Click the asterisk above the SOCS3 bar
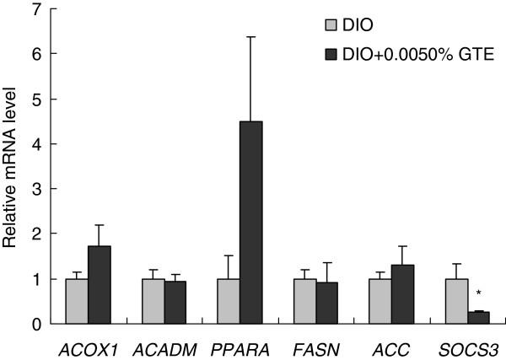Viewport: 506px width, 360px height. (478, 294)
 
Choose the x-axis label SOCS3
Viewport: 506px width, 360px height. (466, 346)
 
